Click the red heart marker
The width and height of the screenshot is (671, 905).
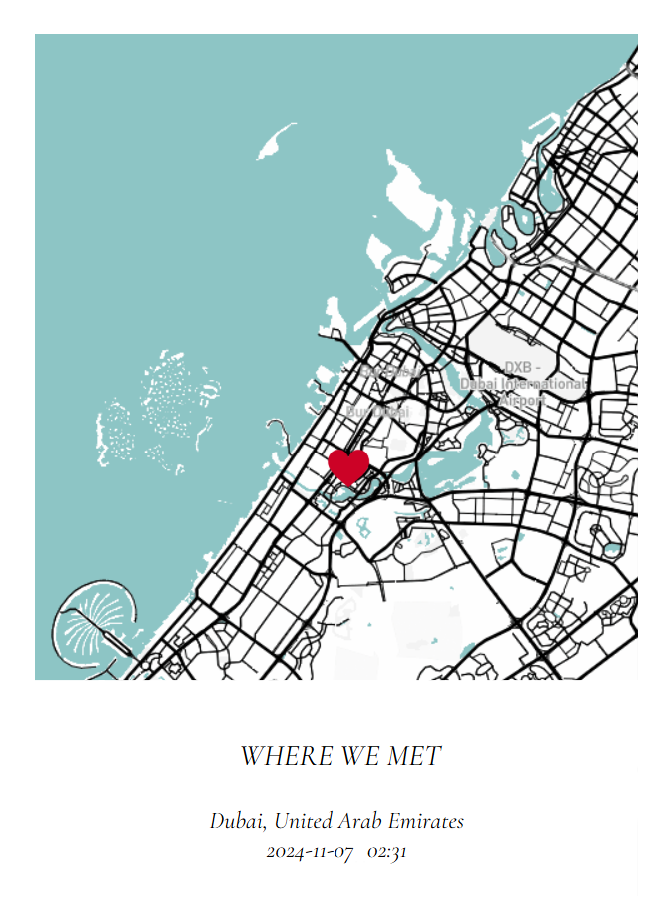pyautogui.click(x=348, y=465)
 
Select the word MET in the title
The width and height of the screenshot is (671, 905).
pyautogui.click(x=414, y=756)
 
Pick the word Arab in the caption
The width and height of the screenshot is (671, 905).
pyautogui.click(x=361, y=822)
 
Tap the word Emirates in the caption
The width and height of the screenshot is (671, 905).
pyautogui.click(x=426, y=822)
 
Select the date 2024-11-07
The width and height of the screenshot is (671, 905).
pyautogui.click(x=310, y=853)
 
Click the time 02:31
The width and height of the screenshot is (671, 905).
pyautogui.click(x=386, y=853)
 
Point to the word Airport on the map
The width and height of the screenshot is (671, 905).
pyautogui.click(x=522, y=400)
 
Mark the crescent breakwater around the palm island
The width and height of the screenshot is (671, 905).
pyautogui.click(x=64, y=605)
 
